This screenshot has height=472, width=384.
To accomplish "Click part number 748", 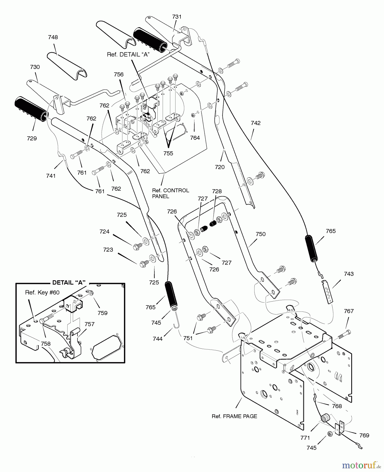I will pyautogui.click(x=53, y=37).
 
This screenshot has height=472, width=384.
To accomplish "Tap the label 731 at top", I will pyautogui.click(x=177, y=17).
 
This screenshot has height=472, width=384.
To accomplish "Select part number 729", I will pyautogui.click(x=32, y=138).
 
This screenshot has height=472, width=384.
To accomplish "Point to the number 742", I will pyautogui.click(x=256, y=123).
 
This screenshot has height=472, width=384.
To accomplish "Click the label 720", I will pyautogui.click(x=220, y=167).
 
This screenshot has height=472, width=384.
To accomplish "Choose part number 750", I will pyautogui.click(x=261, y=234).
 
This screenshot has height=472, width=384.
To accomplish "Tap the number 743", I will pyautogui.click(x=349, y=274).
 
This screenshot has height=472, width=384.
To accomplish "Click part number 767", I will pyautogui.click(x=349, y=311).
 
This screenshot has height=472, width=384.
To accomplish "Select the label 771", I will pyautogui.click(x=305, y=438).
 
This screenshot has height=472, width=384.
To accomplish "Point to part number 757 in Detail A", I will pyautogui.click(x=89, y=324).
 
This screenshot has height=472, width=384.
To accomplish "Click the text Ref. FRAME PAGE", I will pyautogui.click(x=234, y=416).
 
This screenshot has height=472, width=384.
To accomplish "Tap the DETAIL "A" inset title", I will pyautogui.click(x=69, y=283).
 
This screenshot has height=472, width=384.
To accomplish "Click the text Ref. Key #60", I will pyautogui.click(x=42, y=293).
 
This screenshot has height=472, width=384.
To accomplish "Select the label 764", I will pyautogui.click(x=195, y=138).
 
